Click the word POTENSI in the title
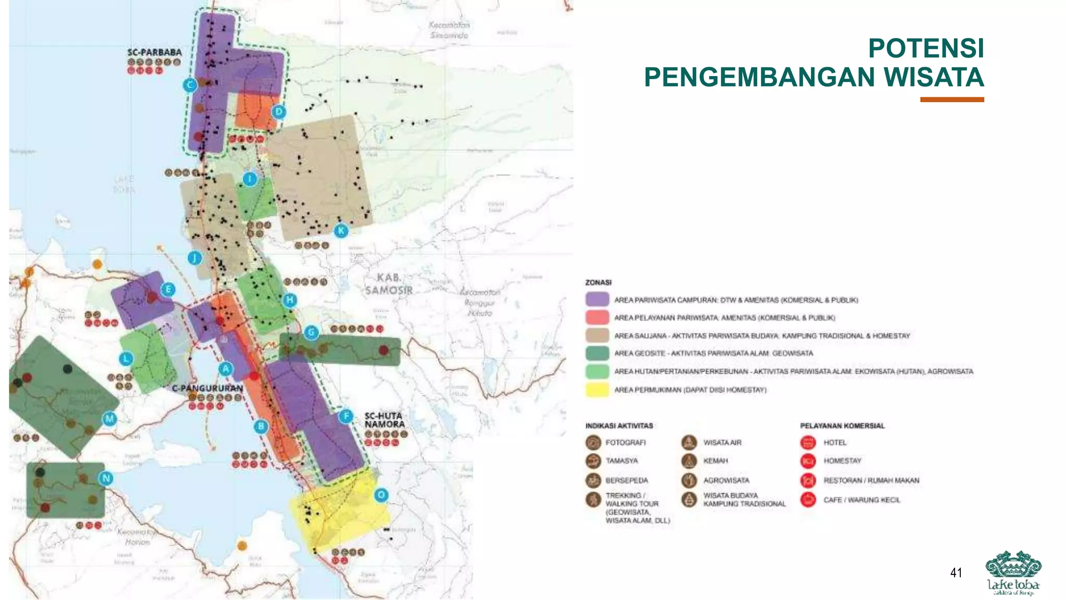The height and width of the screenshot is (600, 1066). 925,48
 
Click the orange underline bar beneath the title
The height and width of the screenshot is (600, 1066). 951,99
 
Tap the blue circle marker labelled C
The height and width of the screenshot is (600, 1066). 190,85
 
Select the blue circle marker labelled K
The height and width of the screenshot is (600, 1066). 341,231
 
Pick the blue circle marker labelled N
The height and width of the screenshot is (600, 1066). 106,478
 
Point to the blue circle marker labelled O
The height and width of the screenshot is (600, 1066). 381,495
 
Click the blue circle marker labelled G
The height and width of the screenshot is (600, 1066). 311,332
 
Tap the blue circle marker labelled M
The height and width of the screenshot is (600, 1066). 109,419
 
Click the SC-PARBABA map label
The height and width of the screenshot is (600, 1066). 155,53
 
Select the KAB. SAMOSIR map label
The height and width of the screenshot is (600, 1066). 388,284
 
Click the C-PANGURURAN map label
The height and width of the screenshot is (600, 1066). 207,389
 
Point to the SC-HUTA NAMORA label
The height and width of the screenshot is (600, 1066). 384,420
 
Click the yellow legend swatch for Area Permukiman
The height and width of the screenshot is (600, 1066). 597,390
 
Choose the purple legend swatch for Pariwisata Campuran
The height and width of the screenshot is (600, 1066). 597,299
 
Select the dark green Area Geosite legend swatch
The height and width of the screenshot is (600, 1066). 597,353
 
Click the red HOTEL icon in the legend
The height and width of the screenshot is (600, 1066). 808,443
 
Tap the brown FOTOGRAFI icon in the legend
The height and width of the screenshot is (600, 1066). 593,443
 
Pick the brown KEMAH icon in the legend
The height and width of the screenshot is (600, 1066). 689,461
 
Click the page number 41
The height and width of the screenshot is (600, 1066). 956,573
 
